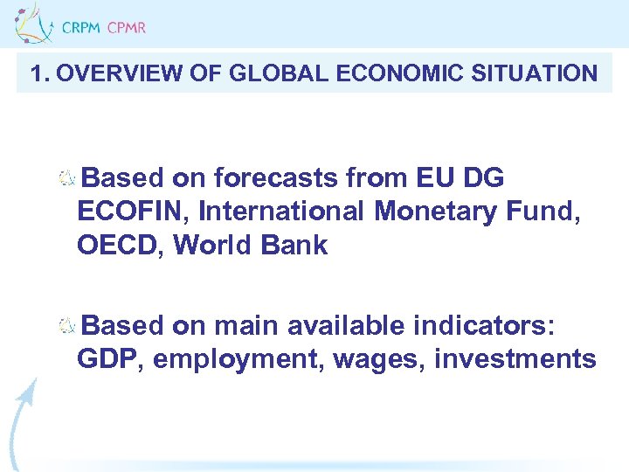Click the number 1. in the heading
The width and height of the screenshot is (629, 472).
pos(38,73)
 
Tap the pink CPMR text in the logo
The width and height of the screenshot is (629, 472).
pos(127,28)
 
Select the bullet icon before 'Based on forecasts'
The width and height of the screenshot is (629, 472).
pos(67,179)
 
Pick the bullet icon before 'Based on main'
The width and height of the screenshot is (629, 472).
pos(67,327)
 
